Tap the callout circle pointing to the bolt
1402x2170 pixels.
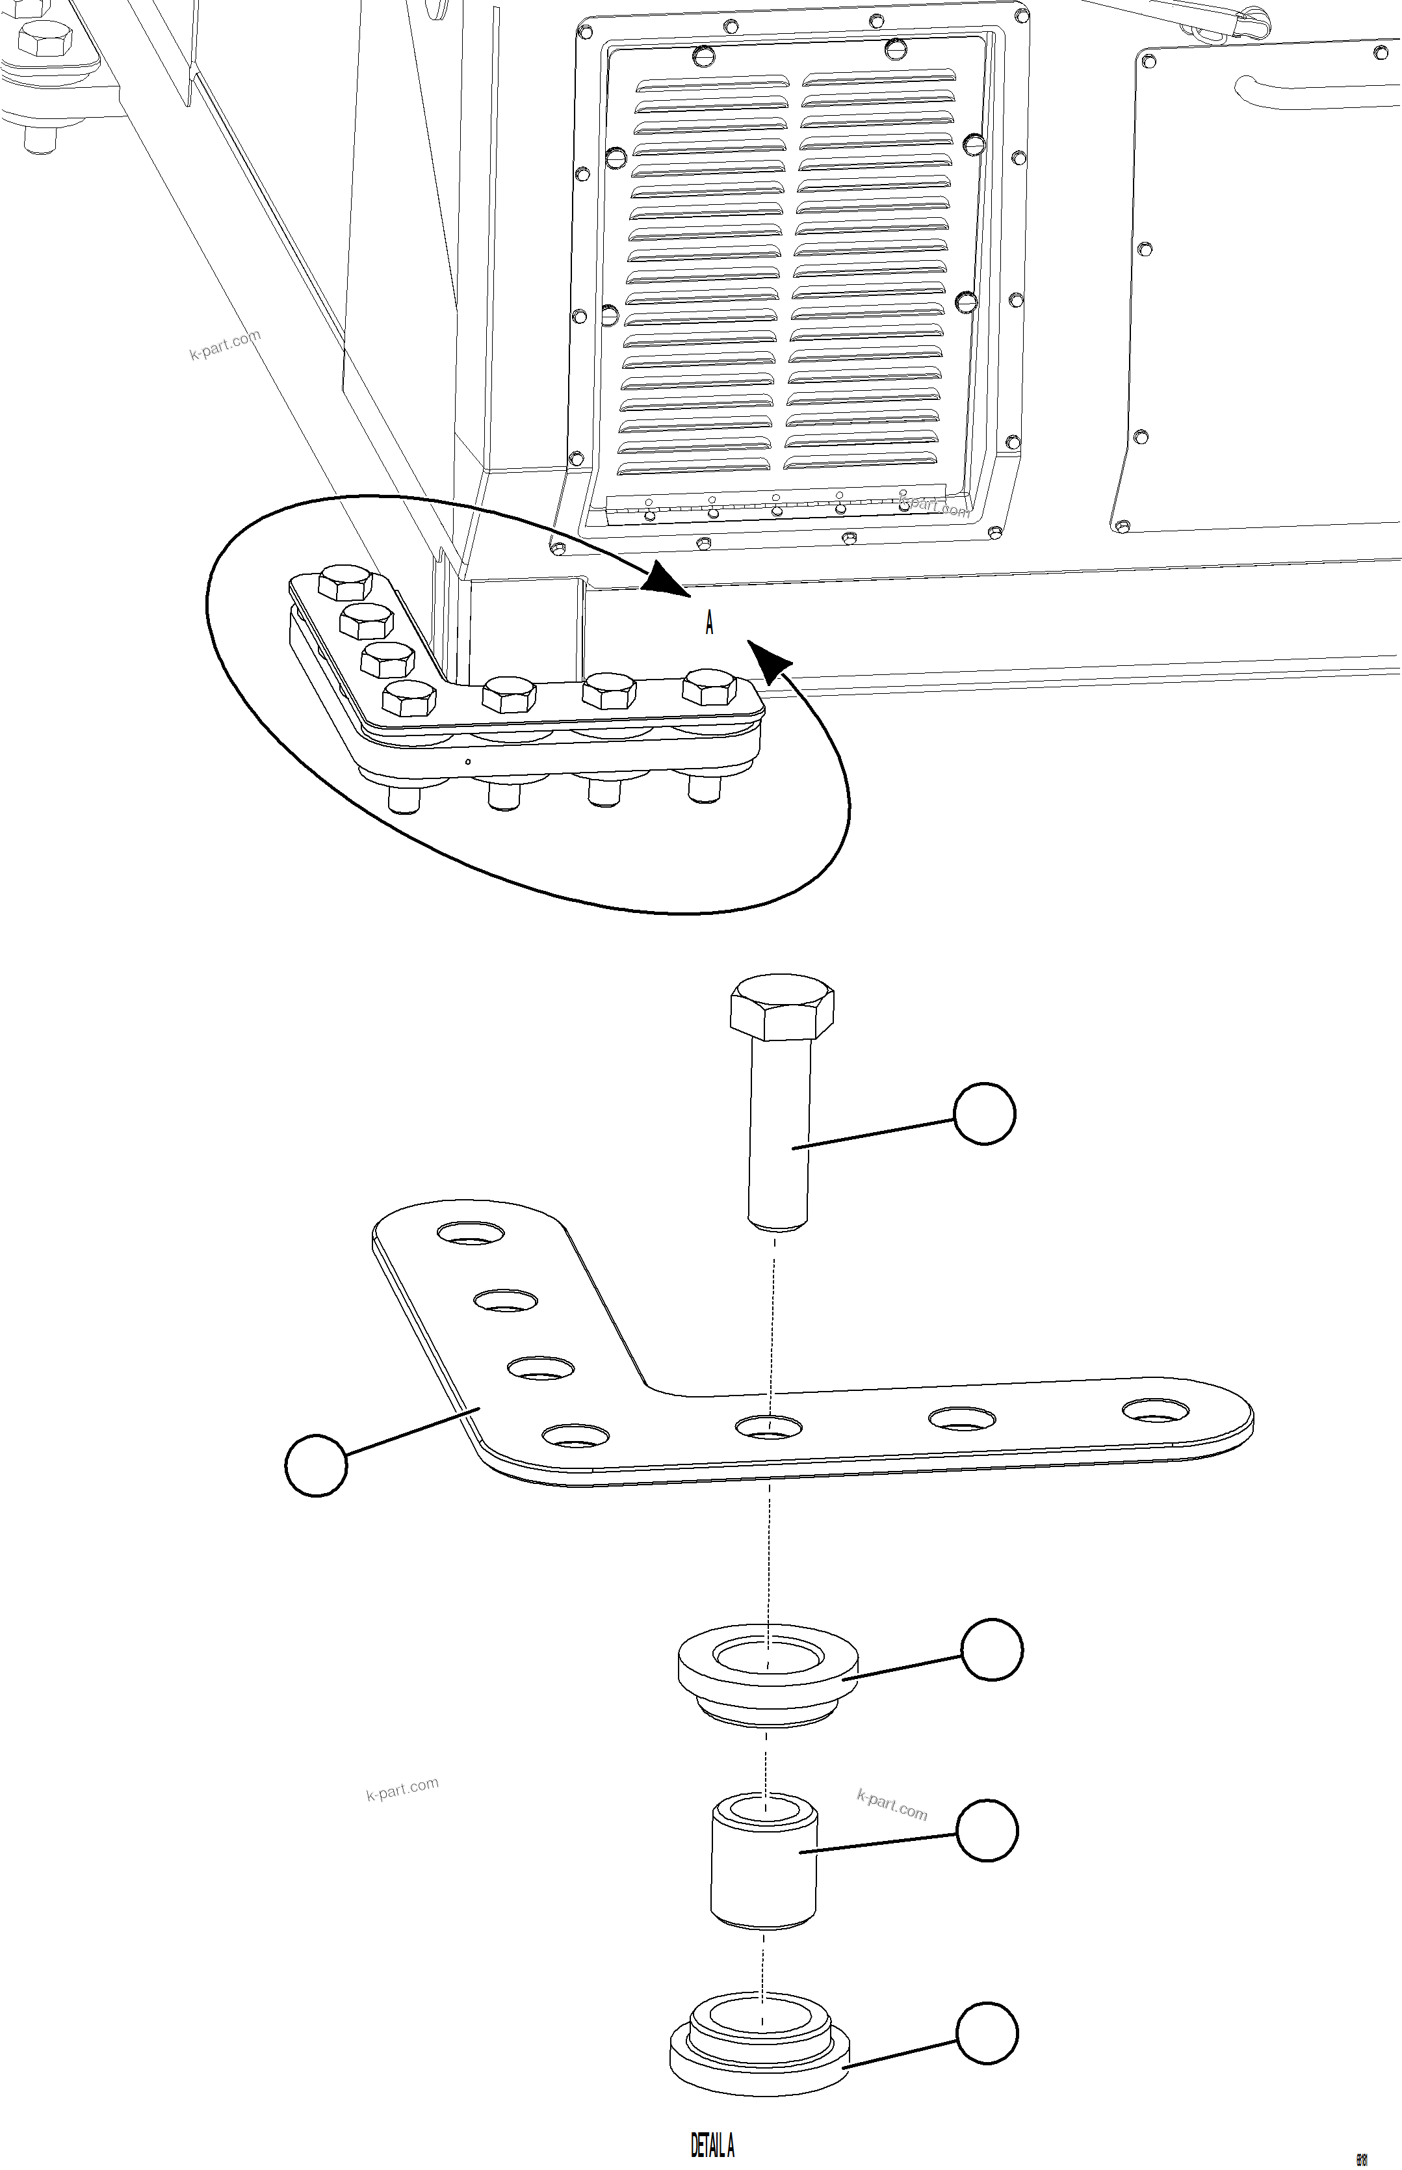tap(984, 1113)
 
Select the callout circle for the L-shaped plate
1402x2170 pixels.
tap(316, 1464)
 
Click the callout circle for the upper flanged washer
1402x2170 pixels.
tap(993, 1649)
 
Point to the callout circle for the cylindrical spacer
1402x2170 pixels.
tap(988, 1829)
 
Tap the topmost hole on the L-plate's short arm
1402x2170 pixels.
tap(471, 1234)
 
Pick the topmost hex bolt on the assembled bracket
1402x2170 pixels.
tap(347, 582)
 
